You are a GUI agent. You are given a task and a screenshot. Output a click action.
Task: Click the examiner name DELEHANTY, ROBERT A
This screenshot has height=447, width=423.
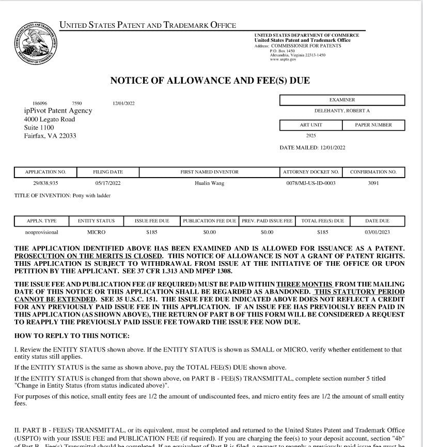click(342, 111)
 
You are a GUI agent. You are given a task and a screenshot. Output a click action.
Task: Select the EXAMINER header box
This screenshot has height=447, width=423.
click(342, 100)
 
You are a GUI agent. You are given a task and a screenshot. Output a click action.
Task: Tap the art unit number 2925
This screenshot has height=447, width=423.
click(311, 136)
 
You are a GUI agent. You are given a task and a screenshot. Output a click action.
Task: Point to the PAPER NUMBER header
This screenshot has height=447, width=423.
click(373, 125)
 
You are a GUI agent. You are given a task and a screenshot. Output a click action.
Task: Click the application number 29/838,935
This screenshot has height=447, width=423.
click(45, 183)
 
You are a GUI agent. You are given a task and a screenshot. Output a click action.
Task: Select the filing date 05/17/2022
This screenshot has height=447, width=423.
click(108, 183)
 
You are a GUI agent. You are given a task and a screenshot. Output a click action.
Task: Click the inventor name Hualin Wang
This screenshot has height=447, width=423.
click(209, 183)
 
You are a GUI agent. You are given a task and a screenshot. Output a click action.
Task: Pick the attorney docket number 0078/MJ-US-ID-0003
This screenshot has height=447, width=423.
click(310, 183)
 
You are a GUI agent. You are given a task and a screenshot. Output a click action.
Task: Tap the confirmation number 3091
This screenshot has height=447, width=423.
click(373, 183)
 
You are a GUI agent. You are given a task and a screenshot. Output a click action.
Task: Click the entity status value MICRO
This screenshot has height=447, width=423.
click(97, 232)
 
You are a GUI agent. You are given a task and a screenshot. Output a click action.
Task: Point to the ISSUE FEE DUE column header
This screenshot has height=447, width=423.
click(152, 221)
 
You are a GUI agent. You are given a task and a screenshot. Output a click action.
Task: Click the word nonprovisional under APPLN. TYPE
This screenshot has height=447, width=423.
click(42, 232)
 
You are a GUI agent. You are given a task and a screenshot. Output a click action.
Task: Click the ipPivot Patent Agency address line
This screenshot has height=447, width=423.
click(58, 110)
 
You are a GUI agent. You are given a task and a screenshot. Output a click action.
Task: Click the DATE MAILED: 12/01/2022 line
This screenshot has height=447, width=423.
click(312, 148)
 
